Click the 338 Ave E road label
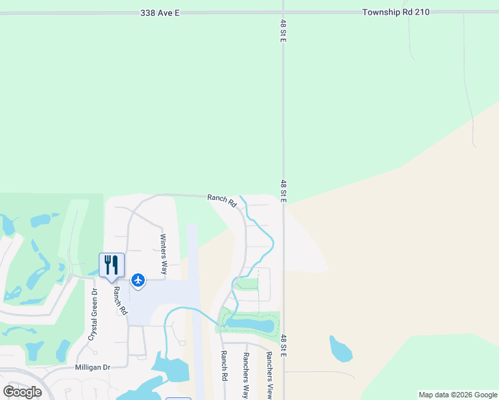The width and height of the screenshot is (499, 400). (x=161, y=13)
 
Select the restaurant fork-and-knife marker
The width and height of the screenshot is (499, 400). (x=111, y=264)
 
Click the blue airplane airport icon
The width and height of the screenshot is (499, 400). (x=138, y=279)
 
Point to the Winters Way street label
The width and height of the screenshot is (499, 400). (x=163, y=254)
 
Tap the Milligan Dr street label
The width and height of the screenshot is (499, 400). (x=93, y=367)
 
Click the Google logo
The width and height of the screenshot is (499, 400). (x=23, y=392)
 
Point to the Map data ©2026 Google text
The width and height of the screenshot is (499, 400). (x=458, y=395)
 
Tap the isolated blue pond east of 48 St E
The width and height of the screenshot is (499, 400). (x=340, y=349)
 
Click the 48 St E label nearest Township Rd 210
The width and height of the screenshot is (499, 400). (x=283, y=31)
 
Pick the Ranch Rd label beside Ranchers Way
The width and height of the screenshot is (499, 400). (x=224, y=366)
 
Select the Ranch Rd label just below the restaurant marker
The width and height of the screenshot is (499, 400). (x=119, y=301)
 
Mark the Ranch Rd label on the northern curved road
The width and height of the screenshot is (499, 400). (x=221, y=199)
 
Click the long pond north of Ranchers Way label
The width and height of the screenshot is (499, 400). (x=250, y=325)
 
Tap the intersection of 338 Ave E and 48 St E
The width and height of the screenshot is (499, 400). (x=283, y=13)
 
